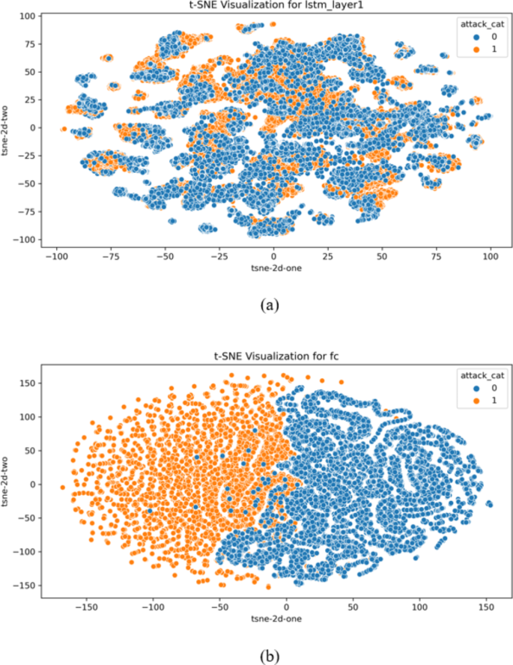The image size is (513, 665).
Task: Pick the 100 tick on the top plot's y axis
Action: (x=28, y=16)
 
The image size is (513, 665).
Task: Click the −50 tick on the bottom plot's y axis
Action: (x=27, y=518)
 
